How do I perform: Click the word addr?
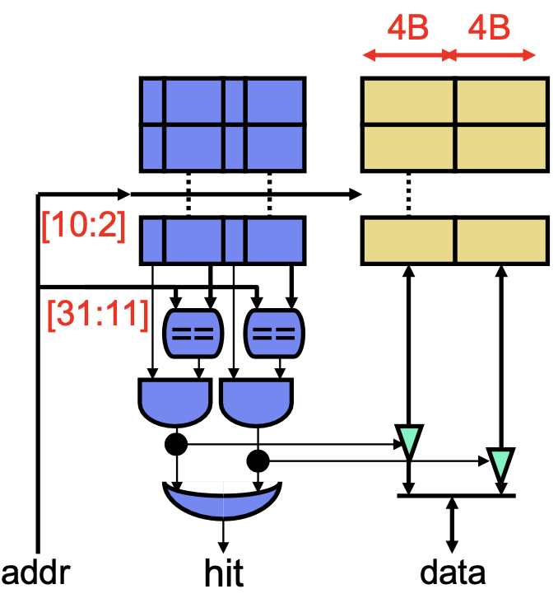[35, 573]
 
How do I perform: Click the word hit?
[224, 573]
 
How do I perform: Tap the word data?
[453, 573]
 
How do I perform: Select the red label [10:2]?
[83, 226]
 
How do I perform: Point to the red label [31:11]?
[98, 315]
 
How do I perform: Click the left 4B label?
[407, 28]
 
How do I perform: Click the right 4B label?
[489, 28]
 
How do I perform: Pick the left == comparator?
[193, 333]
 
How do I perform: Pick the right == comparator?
[274, 333]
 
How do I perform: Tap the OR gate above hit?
[222, 500]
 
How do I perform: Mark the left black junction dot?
[176, 444]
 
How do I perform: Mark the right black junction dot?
[258, 460]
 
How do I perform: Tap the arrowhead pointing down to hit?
[223, 548]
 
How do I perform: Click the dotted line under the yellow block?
[408, 194]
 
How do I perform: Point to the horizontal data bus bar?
[456, 496]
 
